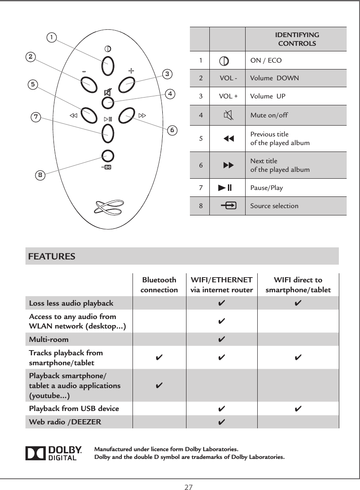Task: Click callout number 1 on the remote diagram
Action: pyautogui.click(x=52, y=38)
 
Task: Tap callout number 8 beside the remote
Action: pyautogui.click(x=40, y=175)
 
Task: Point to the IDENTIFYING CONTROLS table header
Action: pyautogui.click(x=297, y=39)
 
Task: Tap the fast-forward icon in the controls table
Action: pyautogui.click(x=227, y=165)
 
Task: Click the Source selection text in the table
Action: pyautogui.click(x=274, y=206)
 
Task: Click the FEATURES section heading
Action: pyautogui.click(x=52, y=256)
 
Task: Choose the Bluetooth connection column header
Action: pyautogui.click(x=159, y=285)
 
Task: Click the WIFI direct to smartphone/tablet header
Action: pyautogui.click(x=298, y=285)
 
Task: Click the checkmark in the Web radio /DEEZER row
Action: pyautogui.click(x=221, y=422)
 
